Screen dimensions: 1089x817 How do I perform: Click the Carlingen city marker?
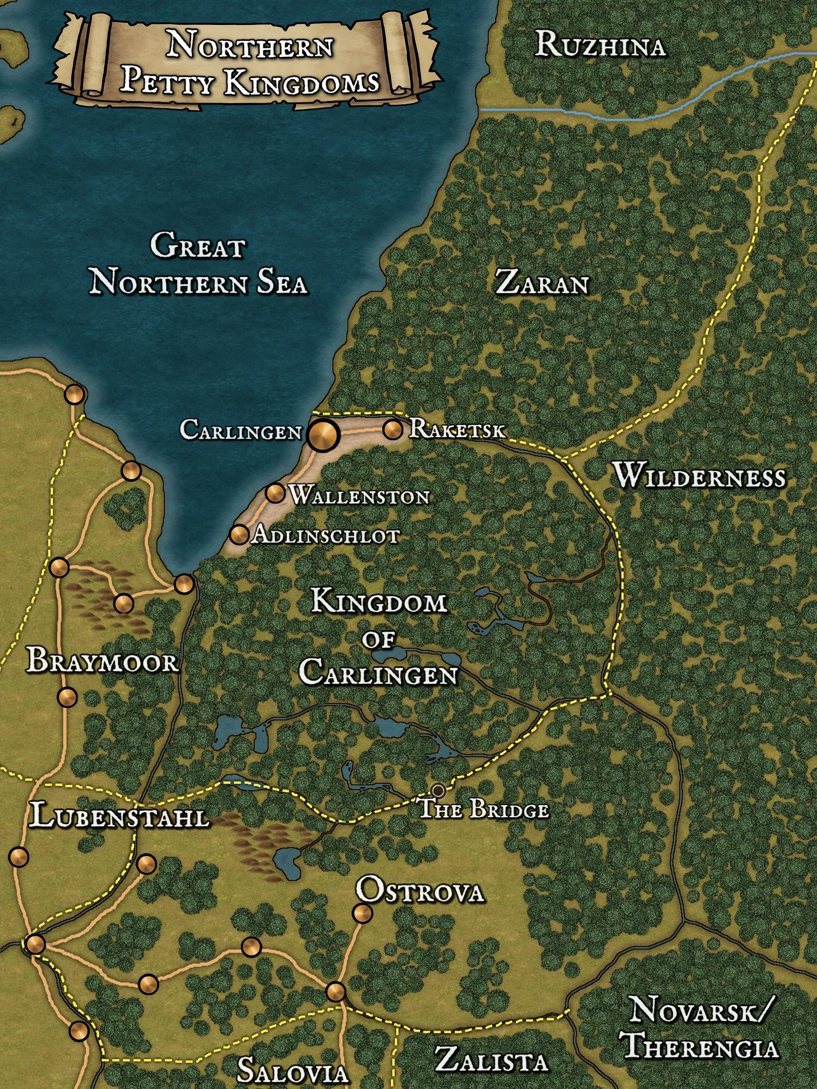[323, 435]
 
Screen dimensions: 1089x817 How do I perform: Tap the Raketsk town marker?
[393, 429]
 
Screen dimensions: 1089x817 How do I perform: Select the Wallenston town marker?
[275, 493]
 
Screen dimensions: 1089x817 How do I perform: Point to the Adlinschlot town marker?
[239, 533]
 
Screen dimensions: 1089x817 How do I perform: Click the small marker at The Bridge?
[438, 790]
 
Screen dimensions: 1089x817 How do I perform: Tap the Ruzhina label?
[600, 45]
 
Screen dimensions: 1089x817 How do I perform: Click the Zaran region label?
[542, 282]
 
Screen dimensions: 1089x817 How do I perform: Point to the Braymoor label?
[103, 661]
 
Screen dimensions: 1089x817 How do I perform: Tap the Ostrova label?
[420, 890]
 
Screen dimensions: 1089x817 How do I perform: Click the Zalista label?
[491, 1059]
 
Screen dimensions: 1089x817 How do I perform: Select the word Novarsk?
[698, 1010]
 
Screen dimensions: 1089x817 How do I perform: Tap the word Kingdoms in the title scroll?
[302, 83]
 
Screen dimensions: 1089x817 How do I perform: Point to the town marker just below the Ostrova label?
[363, 914]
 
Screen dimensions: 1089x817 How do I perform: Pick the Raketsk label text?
[456, 429]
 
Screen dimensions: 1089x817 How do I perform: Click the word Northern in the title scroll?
[250, 45]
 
